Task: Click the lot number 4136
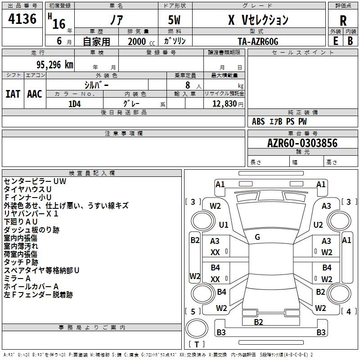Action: [x=22, y=18]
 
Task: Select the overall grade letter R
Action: [x=343, y=21]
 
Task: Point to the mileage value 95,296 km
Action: [x=54, y=65]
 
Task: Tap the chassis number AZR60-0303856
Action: [x=302, y=143]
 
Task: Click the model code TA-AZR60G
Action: [x=258, y=41]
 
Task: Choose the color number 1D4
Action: [x=75, y=104]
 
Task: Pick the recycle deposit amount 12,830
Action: [x=225, y=104]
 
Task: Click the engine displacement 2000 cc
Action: [x=141, y=42]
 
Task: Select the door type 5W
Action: [x=174, y=20]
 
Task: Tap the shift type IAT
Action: [x=13, y=94]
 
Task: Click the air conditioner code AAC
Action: [x=35, y=94]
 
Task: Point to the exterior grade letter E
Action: [x=336, y=41]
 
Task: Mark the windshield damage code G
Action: [x=257, y=237]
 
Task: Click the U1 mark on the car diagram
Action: [x=224, y=225]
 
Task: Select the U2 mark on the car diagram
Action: [x=318, y=225]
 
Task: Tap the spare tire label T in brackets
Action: [x=197, y=344]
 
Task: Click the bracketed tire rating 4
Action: [x=348, y=311]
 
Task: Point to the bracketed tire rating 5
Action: [x=193, y=311]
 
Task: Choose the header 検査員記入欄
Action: [x=92, y=173]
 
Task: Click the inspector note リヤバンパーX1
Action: [x=31, y=213]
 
